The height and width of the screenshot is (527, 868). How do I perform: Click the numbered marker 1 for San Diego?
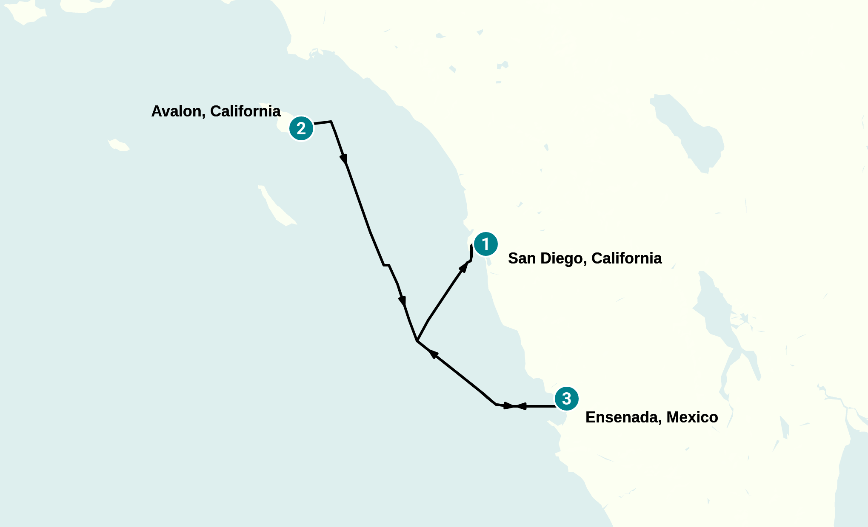tap(485, 244)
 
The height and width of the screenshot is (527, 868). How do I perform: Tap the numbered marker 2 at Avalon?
tap(301, 128)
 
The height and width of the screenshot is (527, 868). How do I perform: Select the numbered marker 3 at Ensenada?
tap(566, 399)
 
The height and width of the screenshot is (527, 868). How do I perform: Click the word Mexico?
tap(692, 417)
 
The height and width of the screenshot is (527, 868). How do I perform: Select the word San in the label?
tap(522, 258)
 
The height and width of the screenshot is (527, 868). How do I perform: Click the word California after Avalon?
tap(245, 111)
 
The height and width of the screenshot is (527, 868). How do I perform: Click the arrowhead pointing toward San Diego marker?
tap(464, 266)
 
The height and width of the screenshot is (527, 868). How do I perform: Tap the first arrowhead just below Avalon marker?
tap(344, 159)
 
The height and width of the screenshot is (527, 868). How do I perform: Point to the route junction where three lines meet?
tap(417, 341)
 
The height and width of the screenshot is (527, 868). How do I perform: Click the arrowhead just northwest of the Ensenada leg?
tap(433, 353)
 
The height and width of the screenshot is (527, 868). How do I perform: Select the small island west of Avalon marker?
tap(119, 145)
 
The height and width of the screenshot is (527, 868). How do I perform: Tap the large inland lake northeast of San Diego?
tap(689, 132)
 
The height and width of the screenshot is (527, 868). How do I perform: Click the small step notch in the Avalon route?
tap(386, 265)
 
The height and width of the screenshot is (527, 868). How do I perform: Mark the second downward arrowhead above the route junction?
tap(402, 301)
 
